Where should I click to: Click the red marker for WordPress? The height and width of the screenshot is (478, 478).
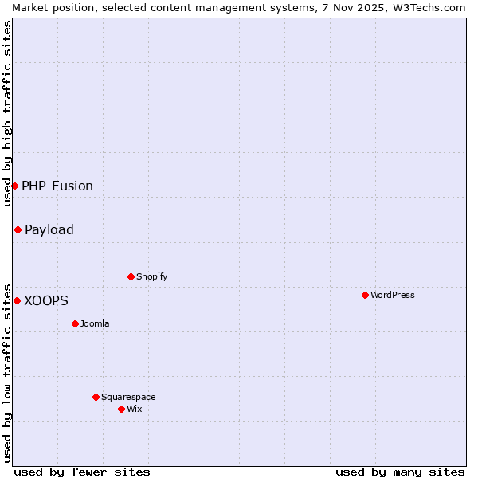pyautogui.click(x=365, y=295)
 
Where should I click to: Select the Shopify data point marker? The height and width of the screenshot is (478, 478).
pyautogui.click(x=131, y=276)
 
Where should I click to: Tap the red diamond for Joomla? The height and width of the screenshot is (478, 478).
pyautogui.click(x=75, y=323)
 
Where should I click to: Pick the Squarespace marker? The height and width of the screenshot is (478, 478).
pyautogui.click(x=96, y=397)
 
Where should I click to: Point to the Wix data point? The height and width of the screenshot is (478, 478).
pyautogui.click(x=121, y=409)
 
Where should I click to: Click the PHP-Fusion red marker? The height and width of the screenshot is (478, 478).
pyautogui.click(x=14, y=186)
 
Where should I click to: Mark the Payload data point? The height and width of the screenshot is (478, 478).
pyautogui.click(x=18, y=229)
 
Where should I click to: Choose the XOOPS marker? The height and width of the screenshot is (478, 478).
pyautogui.click(x=17, y=300)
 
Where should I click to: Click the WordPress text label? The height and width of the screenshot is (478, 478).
pyautogui.click(x=393, y=295)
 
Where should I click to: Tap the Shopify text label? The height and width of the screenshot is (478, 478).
pyautogui.click(x=152, y=276)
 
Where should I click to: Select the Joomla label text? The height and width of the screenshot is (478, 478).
pyautogui.click(x=95, y=323)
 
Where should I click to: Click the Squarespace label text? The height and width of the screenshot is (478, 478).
pyautogui.click(x=128, y=397)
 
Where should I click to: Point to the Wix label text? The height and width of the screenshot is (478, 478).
pyautogui.click(x=134, y=409)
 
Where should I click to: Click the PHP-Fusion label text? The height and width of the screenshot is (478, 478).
pyautogui.click(x=57, y=186)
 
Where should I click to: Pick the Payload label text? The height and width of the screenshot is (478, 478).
pyautogui.click(x=49, y=229)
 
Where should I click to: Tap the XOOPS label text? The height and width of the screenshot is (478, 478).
pyautogui.click(x=46, y=300)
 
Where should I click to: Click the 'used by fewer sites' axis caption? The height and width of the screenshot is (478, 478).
pyautogui.click(x=82, y=472)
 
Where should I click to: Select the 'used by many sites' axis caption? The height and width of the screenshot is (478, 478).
pyautogui.click(x=400, y=472)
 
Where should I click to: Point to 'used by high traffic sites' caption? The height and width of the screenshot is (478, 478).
pyautogui.click(x=7, y=113)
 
